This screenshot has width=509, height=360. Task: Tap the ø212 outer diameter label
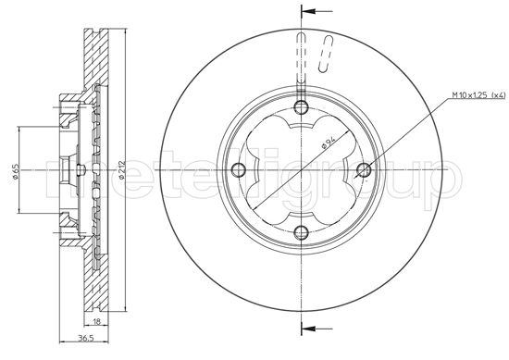click(121, 169)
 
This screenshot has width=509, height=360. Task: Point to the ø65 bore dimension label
click(15, 171)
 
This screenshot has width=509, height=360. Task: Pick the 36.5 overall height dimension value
click(86, 338)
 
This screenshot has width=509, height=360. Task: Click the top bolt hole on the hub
click(302, 106)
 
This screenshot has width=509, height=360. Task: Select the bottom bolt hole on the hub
click(302, 232)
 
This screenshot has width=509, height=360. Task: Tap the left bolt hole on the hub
click(239, 169)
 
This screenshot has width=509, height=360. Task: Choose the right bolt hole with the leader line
click(364, 169)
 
